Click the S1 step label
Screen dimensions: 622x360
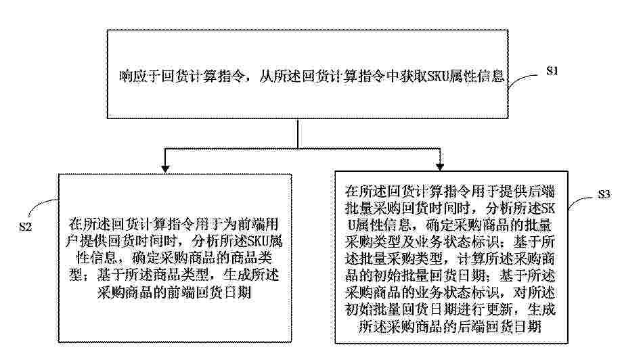552,71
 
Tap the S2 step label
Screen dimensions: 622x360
26,227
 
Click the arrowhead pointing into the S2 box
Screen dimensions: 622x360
165,168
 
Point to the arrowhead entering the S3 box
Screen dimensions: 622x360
440,166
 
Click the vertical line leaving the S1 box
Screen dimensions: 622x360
298,133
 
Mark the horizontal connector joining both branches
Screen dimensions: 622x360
303,149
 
